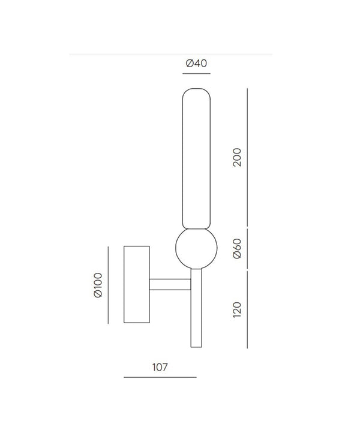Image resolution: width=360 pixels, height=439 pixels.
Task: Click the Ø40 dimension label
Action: tap(196, 64)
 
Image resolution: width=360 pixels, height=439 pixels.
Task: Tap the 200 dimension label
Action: tap(237, 157)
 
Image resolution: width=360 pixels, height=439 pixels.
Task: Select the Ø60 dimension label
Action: tap(237, 249)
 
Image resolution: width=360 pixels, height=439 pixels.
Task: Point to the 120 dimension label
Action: tap(237, 309)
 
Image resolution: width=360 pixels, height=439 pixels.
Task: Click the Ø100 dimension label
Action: tap(98, 285)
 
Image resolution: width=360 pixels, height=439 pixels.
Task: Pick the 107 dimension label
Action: tap(160, 367)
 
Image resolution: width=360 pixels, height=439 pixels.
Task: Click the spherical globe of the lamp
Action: tap(196, 248)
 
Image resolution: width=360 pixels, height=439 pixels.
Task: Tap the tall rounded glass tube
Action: tap(196, 158)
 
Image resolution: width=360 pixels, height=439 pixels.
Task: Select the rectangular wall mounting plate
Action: tap(137, 284)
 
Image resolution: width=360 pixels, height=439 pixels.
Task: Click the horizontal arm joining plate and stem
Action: tap(170, 284)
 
